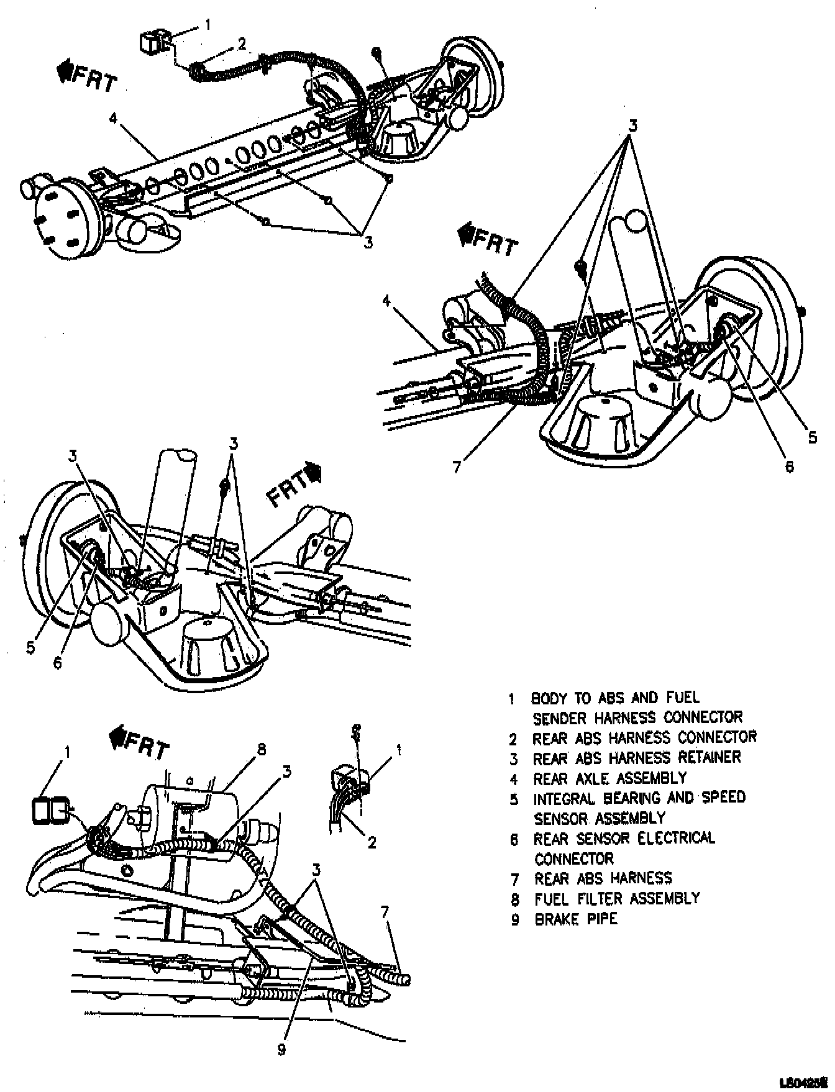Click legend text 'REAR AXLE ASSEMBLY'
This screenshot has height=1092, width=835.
[609, 778]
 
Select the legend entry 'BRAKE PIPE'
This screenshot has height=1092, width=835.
[576, 919]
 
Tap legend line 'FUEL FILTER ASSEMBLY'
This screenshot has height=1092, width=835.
[617, 898]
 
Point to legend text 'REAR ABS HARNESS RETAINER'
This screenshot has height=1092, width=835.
[637, 757]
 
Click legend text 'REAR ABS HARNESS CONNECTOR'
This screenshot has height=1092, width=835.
[644, 737]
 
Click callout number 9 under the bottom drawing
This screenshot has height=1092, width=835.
[281, 1049]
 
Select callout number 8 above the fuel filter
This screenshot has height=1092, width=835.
[261, 750]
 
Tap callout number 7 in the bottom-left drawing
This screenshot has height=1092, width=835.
[385, 912]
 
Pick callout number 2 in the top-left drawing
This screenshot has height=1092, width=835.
[241, 43]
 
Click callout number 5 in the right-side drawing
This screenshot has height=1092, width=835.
[812, 437]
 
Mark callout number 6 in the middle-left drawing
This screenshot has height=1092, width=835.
[57, 663]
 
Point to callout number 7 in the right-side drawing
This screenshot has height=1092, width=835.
[457, 466]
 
